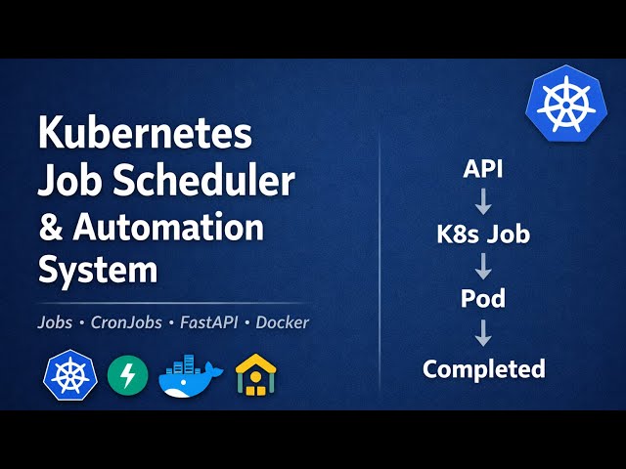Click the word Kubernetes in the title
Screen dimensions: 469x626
coord(145,133)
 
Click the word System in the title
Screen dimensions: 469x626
coord(98,271)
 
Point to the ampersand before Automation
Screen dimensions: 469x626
coord(49,228)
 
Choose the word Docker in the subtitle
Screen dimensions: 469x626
coord(283,321)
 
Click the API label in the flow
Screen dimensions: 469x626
coord(483,170)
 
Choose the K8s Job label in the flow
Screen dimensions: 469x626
coord(483,235)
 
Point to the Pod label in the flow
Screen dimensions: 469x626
coord(483,300)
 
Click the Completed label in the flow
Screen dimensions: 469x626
coord(483,368)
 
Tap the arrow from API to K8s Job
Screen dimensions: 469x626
coord(483,202)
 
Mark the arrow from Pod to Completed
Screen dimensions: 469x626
coord(483,334)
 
